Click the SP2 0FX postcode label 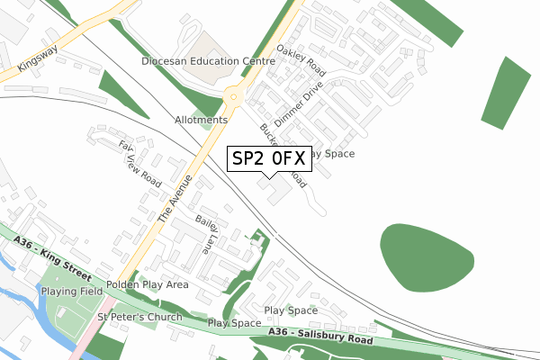[x=268, y=157]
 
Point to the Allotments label [x=201, y=120]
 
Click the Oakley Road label [x=301, y=60]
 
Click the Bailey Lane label [x=206, y=232]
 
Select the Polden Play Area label [x=147, y=284]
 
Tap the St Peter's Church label [x=139, y=317]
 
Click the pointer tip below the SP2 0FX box [x=268, y=175]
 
